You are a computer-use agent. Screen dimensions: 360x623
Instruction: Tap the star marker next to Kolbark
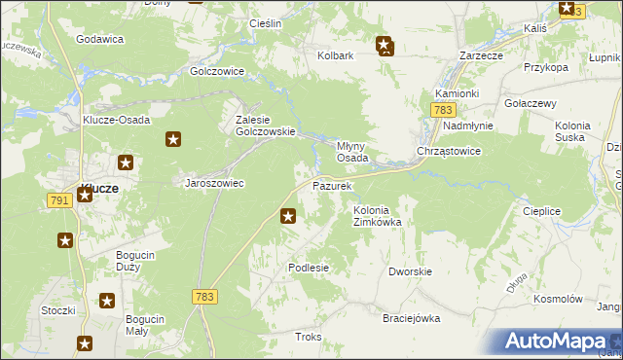pos(385,44)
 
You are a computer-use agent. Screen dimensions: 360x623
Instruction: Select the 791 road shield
pos(58,199)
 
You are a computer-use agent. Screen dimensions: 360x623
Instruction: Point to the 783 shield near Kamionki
pos(437,113)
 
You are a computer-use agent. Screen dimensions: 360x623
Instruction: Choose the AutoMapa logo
pos(559,342)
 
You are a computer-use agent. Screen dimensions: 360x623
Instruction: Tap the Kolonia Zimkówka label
pos(377,216)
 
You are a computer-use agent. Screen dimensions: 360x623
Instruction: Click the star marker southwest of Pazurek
pos(288,216)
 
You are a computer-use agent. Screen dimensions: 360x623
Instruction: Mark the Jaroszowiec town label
pos(214,182)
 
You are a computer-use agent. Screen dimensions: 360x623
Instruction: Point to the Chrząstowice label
pos(448,152)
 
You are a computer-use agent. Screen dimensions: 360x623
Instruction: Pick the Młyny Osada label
pos(351,150)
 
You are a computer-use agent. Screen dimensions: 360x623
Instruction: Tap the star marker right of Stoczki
pos(107,302)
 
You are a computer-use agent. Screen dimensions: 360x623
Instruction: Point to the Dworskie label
pos(410,271)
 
